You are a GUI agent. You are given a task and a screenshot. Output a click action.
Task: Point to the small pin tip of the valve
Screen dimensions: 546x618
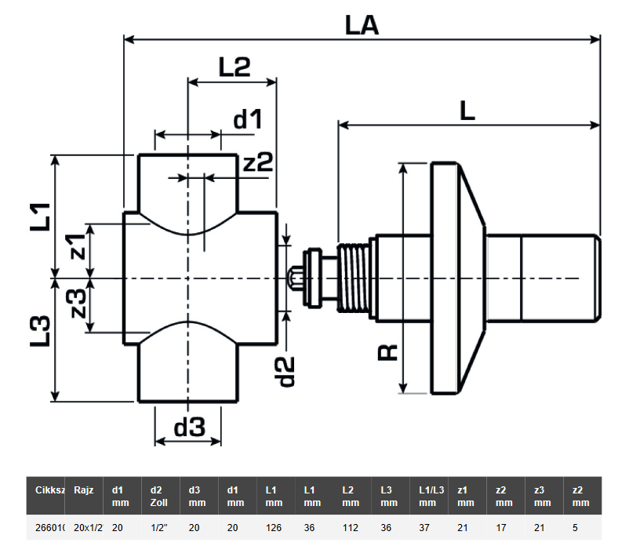293,278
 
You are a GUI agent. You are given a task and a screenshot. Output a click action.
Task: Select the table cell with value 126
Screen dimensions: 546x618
273,527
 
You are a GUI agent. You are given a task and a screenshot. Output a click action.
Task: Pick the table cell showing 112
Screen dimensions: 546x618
349,527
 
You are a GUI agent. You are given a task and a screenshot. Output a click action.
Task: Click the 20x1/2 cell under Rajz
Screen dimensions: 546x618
84,527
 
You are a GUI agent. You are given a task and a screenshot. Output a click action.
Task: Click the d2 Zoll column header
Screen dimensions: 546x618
158,495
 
